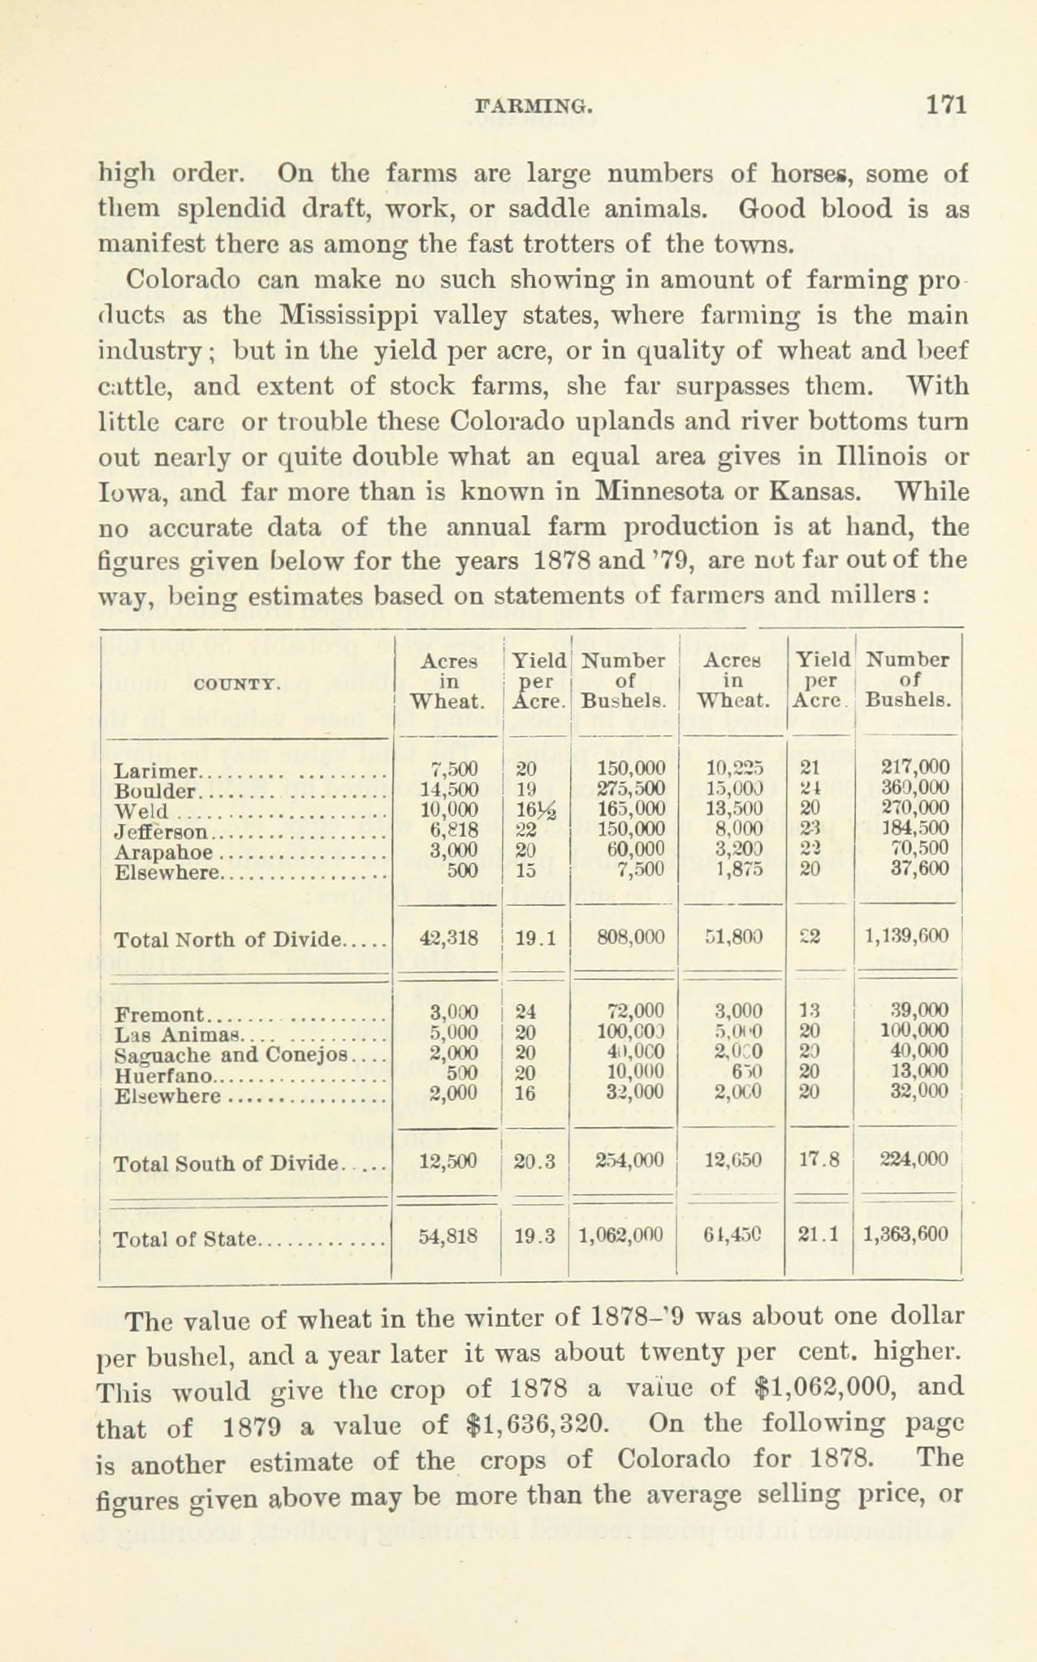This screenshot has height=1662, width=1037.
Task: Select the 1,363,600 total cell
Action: (x=905, y=1236)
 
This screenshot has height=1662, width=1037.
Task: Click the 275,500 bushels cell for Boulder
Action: (x=631, y=788)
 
